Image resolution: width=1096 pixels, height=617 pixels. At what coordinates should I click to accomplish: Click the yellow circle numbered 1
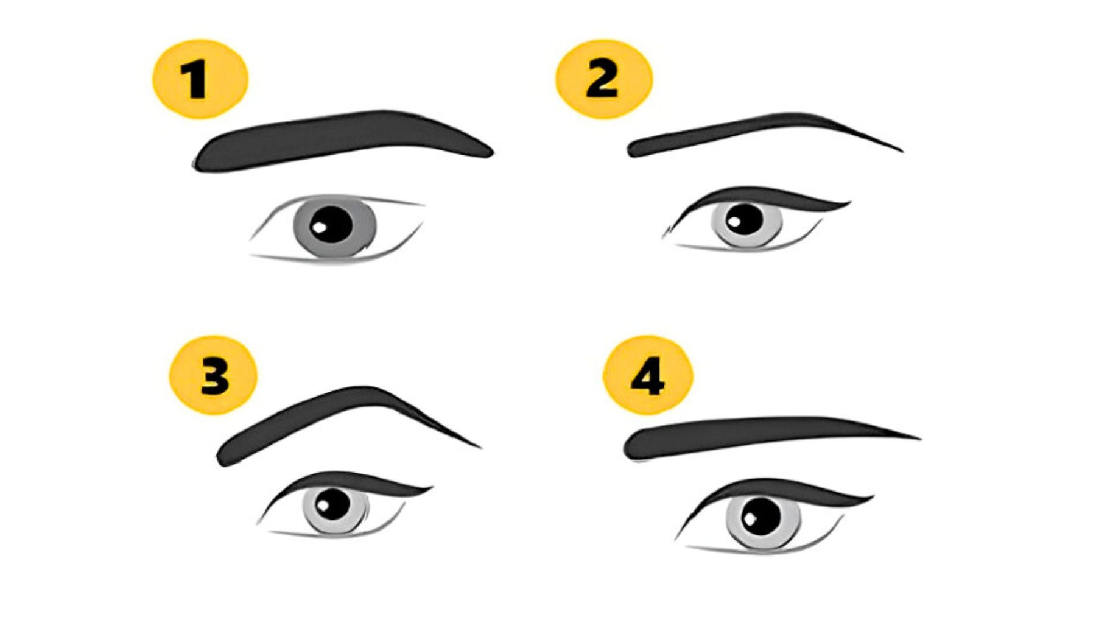point(200,79)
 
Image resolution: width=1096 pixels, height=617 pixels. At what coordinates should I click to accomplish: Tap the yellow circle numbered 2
point(603,79)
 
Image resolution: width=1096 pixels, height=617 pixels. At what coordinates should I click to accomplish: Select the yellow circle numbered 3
point(213,375)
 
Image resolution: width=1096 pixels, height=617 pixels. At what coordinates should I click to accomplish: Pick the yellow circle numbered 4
point(647,375)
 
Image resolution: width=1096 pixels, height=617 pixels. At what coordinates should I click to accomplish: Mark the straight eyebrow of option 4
point(761,434)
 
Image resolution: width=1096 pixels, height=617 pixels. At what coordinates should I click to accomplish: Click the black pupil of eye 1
point(332,224)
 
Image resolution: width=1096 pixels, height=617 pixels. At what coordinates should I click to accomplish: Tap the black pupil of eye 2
point(745,219)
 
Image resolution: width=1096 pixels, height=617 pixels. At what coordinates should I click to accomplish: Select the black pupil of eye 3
point(333,504)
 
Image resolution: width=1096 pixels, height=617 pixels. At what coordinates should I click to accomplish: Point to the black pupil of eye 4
point(761,515)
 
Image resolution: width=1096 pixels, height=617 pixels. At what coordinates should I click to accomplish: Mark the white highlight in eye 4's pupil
point(750,519)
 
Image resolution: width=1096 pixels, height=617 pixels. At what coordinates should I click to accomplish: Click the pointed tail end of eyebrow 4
point(917,437)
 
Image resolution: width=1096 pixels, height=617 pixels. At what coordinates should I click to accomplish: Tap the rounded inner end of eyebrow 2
point(635,149)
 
